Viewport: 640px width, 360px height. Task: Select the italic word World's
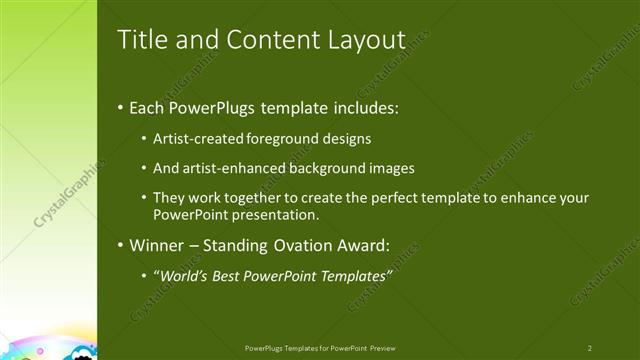[x=185, y=275]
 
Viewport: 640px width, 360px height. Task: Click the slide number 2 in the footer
[x=590, y=348]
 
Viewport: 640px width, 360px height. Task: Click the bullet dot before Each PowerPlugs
[x=121, y=107]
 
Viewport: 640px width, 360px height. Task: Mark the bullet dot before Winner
[x=121, y=245]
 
